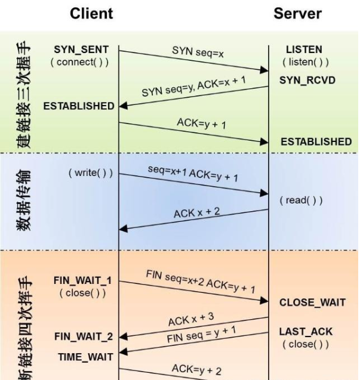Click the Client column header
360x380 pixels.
click(x=91, y=13)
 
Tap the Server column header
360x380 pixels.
click(x=298, y=13)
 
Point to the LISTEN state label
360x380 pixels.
click(x=304, y=50)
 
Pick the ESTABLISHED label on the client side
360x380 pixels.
click(x=79, y=106)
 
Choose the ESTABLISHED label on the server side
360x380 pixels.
click(x=316, y=141)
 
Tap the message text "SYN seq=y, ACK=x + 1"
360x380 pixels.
click(x=193, y=87)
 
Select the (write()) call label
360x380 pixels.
click(x=91, y=173)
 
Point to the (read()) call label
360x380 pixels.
click(x=301, y=200)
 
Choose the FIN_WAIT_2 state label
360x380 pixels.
click(x=83, y=336)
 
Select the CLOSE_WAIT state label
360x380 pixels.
click(x=312, y=302)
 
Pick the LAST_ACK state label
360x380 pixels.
click(x=306, y=332)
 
